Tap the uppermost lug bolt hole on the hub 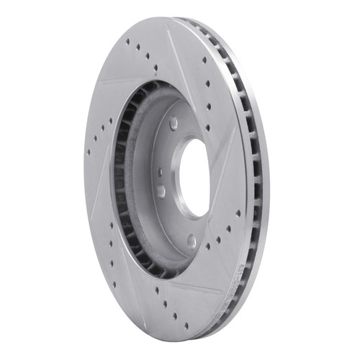point(174,125)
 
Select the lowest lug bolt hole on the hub point(192,240)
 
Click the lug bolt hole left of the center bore point(161,191)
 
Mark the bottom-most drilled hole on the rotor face point(186,325)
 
